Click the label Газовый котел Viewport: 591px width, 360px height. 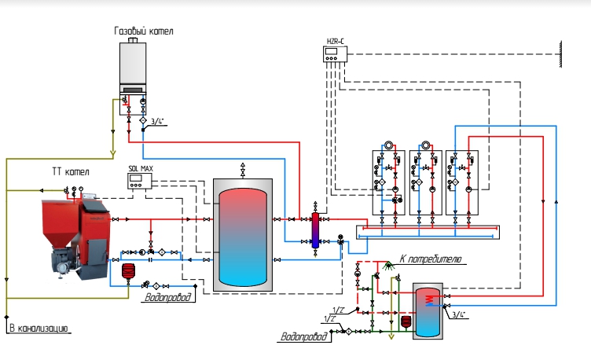[144, 31]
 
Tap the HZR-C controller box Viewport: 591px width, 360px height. [335, 54]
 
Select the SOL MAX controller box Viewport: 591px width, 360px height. [139, 181]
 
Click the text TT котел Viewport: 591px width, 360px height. [71, 172]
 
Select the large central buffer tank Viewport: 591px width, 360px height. [243, 235]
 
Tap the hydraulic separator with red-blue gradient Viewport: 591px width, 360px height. [315, 231]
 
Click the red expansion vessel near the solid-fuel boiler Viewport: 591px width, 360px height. [128, 270]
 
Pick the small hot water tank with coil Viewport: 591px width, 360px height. [428, 311]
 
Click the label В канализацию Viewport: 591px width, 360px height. [39, 329]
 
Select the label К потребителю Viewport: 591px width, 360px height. [430, 259]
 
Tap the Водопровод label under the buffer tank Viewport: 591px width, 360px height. [167, 297]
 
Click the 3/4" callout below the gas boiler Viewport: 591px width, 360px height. [157, 121]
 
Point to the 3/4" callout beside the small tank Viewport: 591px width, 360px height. [459, 314]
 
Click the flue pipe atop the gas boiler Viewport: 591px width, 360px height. [133, 40]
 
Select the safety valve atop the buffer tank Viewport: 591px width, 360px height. [243, 171]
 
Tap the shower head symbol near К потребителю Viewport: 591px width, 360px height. [388, 266]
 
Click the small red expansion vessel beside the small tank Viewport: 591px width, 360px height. [406, 322]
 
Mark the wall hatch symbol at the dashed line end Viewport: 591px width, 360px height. [560, 54]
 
